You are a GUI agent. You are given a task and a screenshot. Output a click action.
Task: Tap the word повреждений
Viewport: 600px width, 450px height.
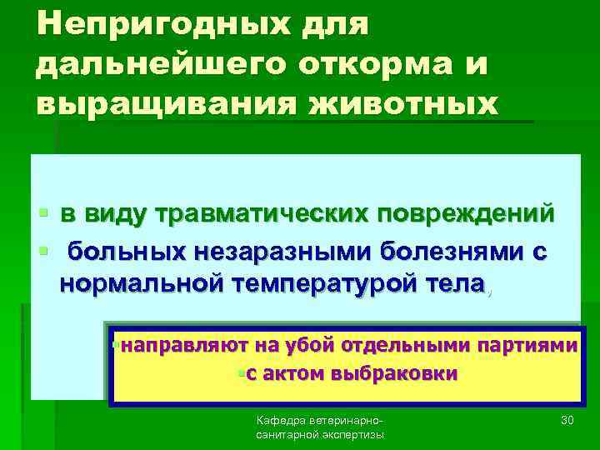tap(467, 214)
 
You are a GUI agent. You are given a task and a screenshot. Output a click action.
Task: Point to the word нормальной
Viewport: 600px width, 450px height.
tap(141, 283)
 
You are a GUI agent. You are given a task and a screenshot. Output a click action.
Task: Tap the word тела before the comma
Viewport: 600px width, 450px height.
tap(455, 283)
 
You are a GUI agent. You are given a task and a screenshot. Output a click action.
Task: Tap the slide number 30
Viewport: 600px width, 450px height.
tap(568, 420)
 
